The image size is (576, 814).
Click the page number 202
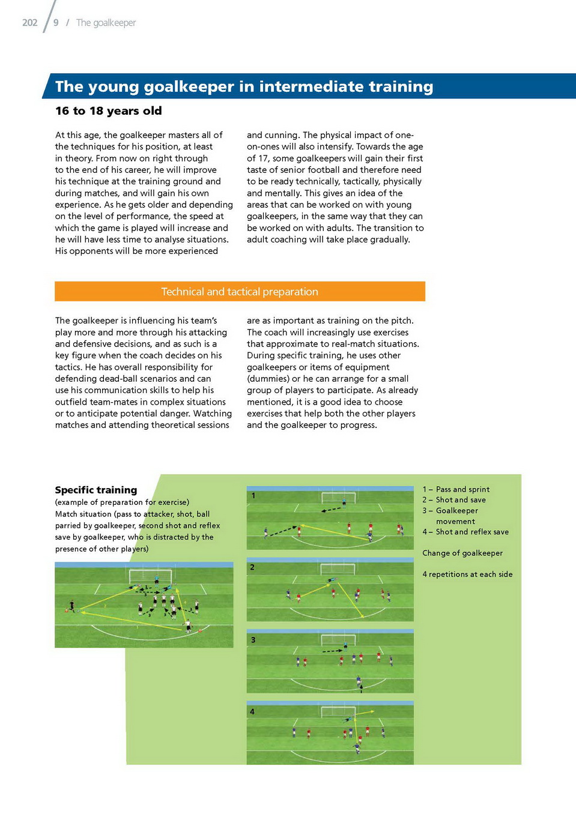(29, 23)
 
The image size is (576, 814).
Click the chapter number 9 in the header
(56, 23)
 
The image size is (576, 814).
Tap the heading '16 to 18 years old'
(108, 111)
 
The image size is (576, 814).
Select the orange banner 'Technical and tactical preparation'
(240, 292)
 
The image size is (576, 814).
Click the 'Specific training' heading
(96, 490)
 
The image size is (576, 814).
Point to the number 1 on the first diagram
(253, 496)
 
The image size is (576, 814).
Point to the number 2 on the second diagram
(252, 567)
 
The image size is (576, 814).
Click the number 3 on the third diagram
(253, 640)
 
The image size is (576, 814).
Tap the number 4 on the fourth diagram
(252, 711)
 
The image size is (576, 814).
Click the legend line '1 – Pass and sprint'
(456, 489)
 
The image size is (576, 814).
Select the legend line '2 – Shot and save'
(454, 499)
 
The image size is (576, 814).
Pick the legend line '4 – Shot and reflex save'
(465, 532)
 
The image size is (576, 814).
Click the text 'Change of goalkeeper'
(462, 553)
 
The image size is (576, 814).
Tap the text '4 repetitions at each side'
(467, 574)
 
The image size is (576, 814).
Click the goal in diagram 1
(338, 498)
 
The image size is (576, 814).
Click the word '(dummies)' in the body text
(268, 379)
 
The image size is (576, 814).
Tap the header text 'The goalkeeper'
(106, 23)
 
